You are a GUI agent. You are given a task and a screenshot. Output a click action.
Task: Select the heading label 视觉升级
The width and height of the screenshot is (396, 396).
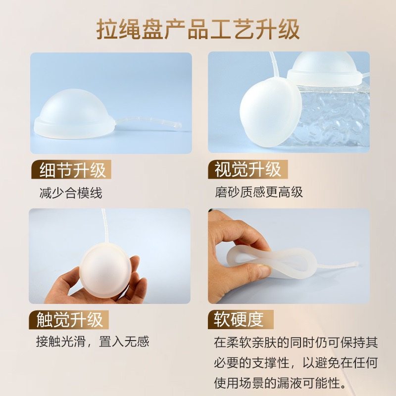[247, 170]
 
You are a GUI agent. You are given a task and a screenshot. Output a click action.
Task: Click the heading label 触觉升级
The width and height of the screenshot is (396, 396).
[70, 319]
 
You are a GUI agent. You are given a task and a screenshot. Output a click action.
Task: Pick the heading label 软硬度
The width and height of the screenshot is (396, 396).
[238, 319]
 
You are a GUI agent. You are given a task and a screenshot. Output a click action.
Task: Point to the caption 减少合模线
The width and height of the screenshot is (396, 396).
[70, 193]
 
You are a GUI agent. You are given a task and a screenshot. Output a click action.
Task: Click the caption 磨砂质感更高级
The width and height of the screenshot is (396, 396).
[258, 192]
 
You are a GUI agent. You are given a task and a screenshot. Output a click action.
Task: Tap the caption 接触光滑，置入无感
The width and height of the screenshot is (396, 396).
[92, 342]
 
